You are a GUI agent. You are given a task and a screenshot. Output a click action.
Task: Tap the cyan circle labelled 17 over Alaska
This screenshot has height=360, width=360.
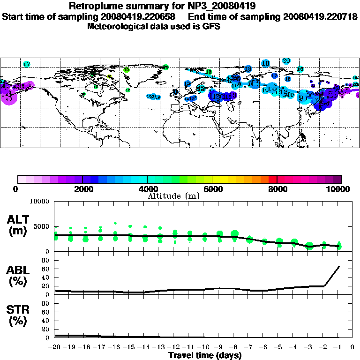coord(27,64)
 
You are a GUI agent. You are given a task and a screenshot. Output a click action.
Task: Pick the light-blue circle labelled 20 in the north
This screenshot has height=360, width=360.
coord(286,60)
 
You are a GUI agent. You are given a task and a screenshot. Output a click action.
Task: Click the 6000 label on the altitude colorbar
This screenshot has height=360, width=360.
coord(212,189)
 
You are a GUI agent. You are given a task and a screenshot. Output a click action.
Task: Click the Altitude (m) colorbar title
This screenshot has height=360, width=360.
coord(174,195)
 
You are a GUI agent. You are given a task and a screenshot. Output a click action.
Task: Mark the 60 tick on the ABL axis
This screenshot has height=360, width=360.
coord(46,269)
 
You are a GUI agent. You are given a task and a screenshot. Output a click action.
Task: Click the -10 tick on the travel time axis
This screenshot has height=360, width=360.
coord(204,347)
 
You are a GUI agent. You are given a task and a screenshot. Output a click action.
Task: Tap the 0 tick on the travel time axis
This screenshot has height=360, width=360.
coord(353,347)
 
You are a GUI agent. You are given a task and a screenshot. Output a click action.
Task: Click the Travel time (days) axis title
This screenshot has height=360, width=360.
coord(205,355)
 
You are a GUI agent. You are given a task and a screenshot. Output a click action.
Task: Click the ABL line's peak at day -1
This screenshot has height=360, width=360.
coord(339,266)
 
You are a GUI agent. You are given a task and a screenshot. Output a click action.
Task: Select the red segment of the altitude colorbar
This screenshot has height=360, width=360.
coord(272,179)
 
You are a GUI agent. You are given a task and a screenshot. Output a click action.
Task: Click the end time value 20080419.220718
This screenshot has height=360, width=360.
coord(320,16)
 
